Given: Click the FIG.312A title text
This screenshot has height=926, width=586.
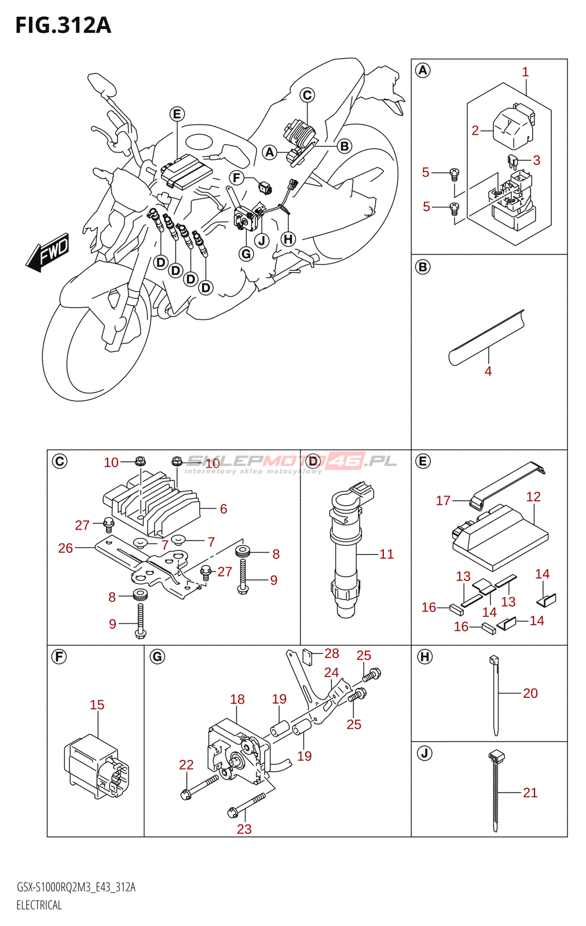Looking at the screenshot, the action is tap(63, 25).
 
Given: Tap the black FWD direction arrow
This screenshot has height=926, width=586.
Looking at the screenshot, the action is tap(47, 252).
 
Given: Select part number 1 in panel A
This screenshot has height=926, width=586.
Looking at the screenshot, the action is tap(525, 72).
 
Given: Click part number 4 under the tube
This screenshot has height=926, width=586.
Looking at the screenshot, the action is tap(488, 371).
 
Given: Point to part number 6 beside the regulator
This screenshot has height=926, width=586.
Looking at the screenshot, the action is tap(224, 509).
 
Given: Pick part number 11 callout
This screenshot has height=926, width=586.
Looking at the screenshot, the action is tap(387, 554).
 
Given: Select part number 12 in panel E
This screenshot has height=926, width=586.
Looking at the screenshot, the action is tap(533, 497).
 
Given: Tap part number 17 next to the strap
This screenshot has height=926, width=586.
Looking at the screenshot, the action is tap(443, 501).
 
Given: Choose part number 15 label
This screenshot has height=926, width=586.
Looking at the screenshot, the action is tap(97, 705).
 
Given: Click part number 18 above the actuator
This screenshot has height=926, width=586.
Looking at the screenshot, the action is tap(237, 699).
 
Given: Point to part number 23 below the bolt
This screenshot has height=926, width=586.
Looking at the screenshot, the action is tap(244, 829).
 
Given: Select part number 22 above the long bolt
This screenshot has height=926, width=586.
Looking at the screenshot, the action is tap(186, 765).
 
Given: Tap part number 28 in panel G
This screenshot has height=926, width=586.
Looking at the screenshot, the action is tap(332, 653).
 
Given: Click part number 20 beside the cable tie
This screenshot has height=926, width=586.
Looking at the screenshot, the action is tap(530, 693).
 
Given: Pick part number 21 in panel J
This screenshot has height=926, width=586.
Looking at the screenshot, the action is tap(530, 792).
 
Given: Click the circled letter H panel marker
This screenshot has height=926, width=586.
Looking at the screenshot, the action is tap(424, 657).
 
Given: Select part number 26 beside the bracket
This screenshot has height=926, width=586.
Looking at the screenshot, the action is tap(65, 548).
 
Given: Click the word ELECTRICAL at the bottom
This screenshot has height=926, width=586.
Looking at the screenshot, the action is tap(39, 905).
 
